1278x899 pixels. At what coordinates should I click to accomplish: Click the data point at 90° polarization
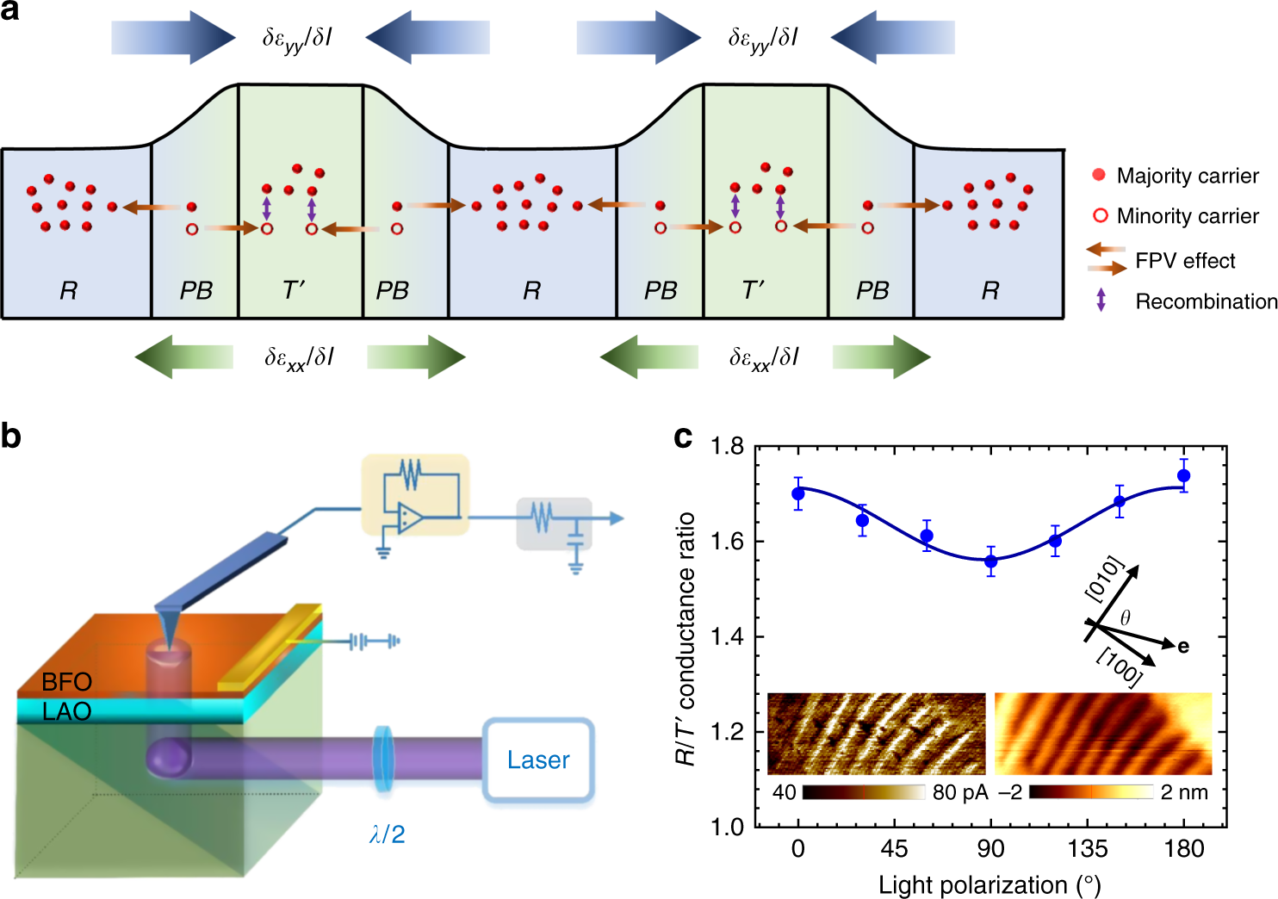pos(990,561)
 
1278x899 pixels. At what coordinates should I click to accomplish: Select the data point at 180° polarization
pos(1183,475)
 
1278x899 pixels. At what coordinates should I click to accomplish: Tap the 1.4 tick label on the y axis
pos(728,636)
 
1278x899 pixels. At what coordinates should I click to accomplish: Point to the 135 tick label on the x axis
pos(1087,849)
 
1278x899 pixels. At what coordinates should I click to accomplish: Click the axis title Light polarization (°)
pos(990,885)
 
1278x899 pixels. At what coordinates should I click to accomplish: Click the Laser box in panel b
pos(538,759)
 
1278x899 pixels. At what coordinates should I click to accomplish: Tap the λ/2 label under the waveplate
pos(387,834)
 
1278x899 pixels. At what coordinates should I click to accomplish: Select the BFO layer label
pos(66,682)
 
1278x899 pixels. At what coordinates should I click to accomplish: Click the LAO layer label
pos(66,711)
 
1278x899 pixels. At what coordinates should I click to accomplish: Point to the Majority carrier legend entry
pos(1187,176)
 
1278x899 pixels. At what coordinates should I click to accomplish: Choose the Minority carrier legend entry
pos(1187,216)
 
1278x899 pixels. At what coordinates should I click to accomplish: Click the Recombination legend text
pos(1206,301)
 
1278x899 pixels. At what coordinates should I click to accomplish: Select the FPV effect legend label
pos(1185,260)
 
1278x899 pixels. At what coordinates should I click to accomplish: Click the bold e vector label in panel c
pos(1183,646)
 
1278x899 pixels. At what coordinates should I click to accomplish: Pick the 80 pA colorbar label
pos(959,792)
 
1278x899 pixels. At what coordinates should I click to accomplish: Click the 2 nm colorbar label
pos(1183,792)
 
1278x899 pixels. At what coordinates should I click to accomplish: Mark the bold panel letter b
pos(11,437)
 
